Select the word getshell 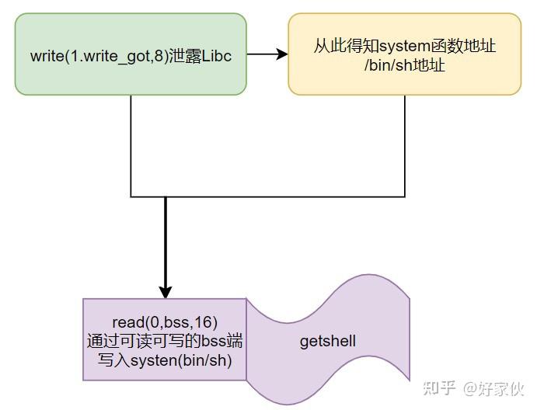tap(328, 341)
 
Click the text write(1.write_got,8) tap(96, 57)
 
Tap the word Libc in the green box tap(217, 57)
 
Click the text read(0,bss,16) tap(165, 322)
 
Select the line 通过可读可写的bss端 tap(165, 341)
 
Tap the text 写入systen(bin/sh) tap(165, 360)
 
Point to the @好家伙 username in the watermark tap(494, 386)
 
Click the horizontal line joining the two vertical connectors tap(268, 196)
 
